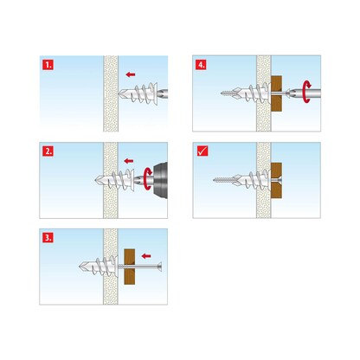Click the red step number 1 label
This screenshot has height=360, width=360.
[x=48, y=63]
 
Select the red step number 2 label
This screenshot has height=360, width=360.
[x=48, y=150]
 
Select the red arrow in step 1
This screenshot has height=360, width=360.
[x=130, y=74]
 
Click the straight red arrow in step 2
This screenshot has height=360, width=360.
[x=130, y=161]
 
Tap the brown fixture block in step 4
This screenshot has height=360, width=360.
[x=277, y=93]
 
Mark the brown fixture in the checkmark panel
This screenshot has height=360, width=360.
[x=277, y=180]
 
